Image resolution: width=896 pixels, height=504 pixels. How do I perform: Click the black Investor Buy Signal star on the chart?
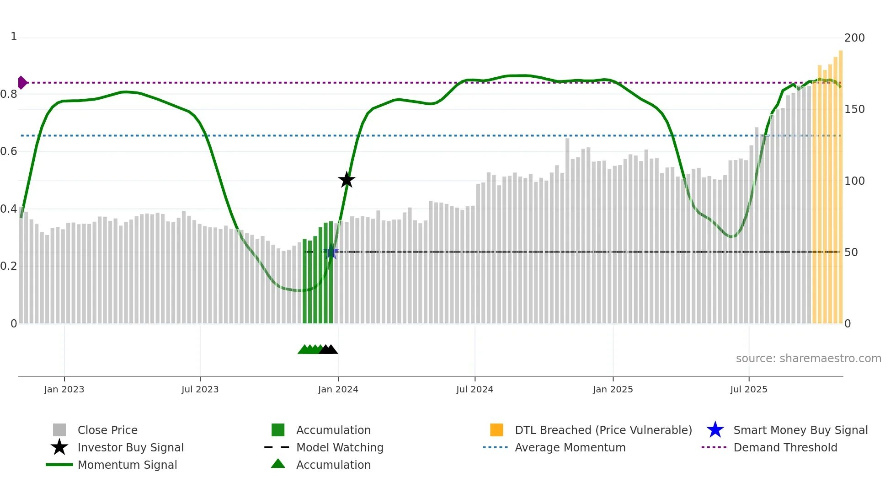[x=347, y=180]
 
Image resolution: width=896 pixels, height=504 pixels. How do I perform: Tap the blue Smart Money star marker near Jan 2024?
[x=331, y=252]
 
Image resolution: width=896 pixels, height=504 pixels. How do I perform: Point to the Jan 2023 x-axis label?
[x=64, y=389]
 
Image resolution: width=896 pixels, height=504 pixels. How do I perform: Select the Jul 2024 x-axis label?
[x=475, y=389]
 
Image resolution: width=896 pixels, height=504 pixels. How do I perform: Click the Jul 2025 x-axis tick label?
[x=748, y=389]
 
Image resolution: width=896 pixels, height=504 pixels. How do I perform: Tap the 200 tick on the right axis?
[x=854, y=38]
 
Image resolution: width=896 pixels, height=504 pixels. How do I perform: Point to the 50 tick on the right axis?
[x=851, y=252]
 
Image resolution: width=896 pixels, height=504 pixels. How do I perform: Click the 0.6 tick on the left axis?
[x=9, y=151]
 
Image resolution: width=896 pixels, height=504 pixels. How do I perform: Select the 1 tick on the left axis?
[x=14, y=37]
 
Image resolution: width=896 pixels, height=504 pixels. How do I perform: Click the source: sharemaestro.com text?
[x=808, y=359]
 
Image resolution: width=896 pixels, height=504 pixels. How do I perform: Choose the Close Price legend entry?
[x=107, y=430]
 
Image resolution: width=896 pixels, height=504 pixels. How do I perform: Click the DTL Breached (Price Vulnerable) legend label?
[x=603, y=430]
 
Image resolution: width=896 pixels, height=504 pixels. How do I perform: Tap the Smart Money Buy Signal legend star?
[x=715, y=430]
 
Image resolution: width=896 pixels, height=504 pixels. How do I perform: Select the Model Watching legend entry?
[x=339, y=447]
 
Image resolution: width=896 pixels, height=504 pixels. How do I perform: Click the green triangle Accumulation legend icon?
[x=278, y=464]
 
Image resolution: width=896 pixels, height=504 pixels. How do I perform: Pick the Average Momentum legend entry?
[x=570, y=447]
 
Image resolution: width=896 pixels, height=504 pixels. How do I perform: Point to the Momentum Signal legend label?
[x=127, y=465]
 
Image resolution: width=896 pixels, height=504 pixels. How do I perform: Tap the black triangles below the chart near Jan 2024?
[x=328, y=349]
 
